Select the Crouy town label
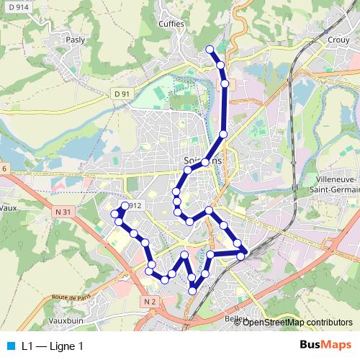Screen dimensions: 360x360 338,40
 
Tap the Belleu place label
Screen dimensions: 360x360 236,318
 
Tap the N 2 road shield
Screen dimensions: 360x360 150,301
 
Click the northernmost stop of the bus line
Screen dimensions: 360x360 210,49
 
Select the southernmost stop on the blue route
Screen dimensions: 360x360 193,290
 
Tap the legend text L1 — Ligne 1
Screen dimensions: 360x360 52,346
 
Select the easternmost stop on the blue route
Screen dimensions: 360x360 246,251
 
